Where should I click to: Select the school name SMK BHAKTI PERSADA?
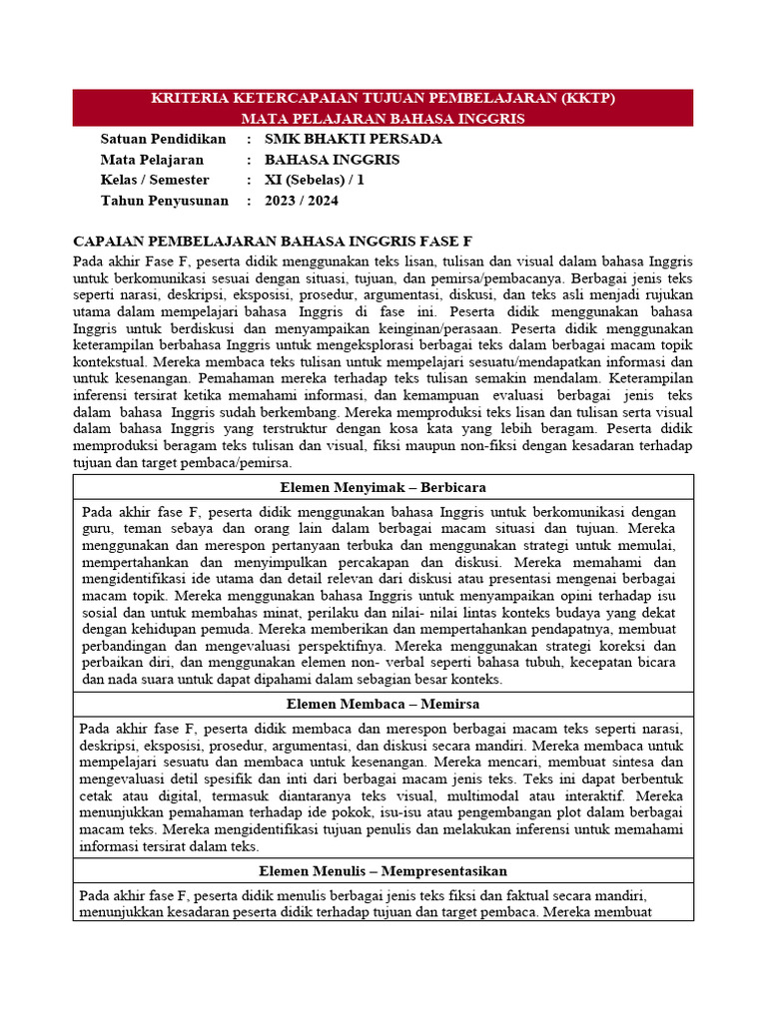click(x=353, y=139)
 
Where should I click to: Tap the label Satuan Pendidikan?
click(x=164, y=139)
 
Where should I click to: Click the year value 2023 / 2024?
click(x=302, y=201)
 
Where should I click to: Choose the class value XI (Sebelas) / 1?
click(x=315, y=180)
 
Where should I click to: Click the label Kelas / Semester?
click(x=155, y=180)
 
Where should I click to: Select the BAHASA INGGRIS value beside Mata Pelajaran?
click(x=332, y=160)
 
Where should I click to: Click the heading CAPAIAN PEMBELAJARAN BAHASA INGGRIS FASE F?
click(x=273, y=242)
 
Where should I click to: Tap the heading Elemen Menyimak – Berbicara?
click(x=383, y=487)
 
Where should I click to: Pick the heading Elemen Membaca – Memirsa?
click(x=383, y=704)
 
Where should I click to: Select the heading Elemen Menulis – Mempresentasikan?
click(x=383, y=871)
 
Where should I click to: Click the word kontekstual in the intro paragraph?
click(x=110, y=362)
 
